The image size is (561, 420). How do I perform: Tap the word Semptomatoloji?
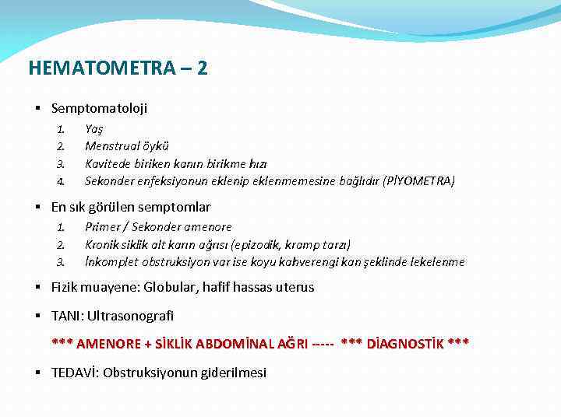[x=99, y=109]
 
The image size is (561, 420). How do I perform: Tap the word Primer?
[x=102, y=227]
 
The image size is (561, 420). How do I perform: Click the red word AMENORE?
[x=108, y=344]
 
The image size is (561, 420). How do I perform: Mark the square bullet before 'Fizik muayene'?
[x=37, y=287]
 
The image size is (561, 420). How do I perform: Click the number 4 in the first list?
[x=59, y=182]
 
